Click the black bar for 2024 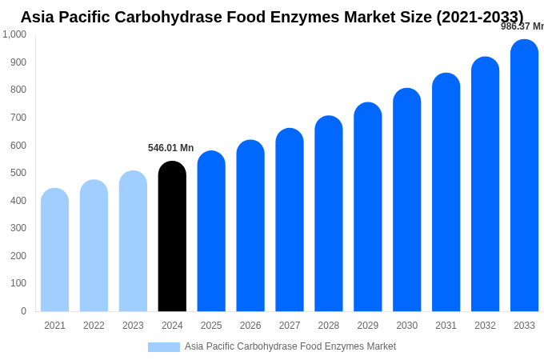pos(172,237)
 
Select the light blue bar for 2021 pos(54,250)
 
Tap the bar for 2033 pos(524,176)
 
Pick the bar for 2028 pos(328,214)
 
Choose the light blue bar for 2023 pos(133,242)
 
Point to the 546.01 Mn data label pos(170,148)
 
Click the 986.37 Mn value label pos(522,26)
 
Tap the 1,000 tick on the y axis pos(14,34)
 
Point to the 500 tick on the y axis pos(18,173)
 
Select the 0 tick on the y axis pos(23,311)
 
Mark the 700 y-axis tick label pos(18,118)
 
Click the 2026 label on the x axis pos(250,326)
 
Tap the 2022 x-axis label pos(94,326)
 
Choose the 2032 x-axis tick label pos(485,326)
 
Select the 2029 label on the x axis pos(368,326)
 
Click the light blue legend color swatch pos(163,347)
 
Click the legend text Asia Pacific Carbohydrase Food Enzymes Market pos(290,346)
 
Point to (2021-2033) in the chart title pos(479,17)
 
